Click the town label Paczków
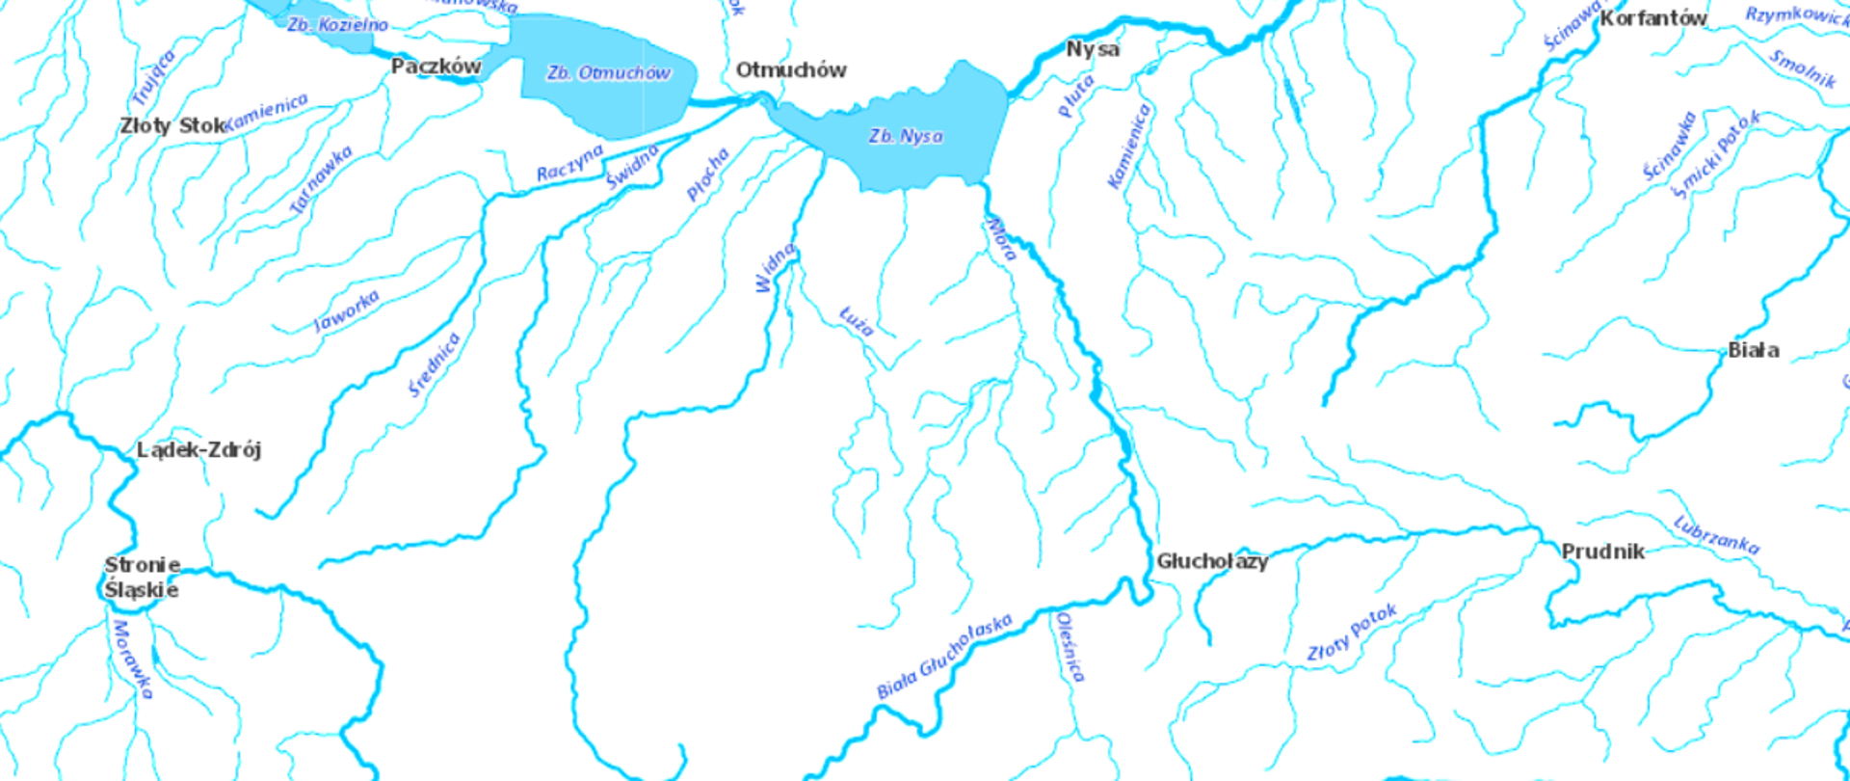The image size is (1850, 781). pyautogui.click(x=436, y=67)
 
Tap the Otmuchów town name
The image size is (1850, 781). pyautogui.click(x=790, y=69)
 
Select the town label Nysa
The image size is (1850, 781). pyautogui.click(x=1093, y=48)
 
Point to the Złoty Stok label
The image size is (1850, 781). pyautogui.click(x=172, y=125)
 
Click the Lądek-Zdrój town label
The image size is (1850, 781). pyautogui.click(x=198, y=449)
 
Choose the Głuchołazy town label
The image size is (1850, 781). pyautogui.click(x=1212, y=561)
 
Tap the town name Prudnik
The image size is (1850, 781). pyautogui.click(x=1602, y=552)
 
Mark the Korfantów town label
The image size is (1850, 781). pyautogui.click(x=1653, y=17)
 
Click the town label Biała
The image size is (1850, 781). pyautogui.click(x=1753, y=350)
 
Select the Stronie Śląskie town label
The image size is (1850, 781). pyautogui.click(x=142, y=578)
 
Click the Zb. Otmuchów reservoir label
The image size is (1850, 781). pyautogui.click(x=608, y=73)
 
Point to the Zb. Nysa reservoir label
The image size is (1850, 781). pyautogui.click(x=906, y=136)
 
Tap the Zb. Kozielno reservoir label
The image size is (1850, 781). pyautogui.click(x=337, y=24)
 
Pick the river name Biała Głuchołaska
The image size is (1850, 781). pyautogui.click(x=944, y=656)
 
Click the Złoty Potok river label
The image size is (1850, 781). pyautogui.click(x=1352, y=633)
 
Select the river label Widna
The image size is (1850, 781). pyautogui.click(x=776, y=267)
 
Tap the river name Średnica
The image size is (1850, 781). pyautogui.click(x=435, y=364)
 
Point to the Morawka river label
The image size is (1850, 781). pyautogui.click(x=133, y=660)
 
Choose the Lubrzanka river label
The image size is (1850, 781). pyautogui.click(x=1716, y=535)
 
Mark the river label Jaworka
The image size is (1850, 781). pyautogui.click(x=347, y=311)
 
